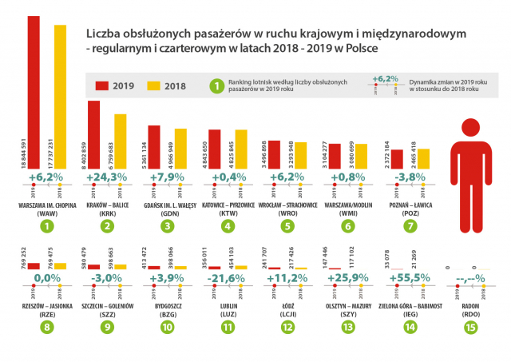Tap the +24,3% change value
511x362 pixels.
[x=107, y=177]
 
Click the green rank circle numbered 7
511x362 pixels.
[x=409, y=226]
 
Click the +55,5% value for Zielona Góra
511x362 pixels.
[x=409, y=277]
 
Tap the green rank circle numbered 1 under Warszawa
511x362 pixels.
[x=46, y=226]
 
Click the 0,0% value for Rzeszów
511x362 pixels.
[x=46, y=278]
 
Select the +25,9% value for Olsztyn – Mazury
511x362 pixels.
[x=348, y=277]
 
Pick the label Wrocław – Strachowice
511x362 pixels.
[x=287, y=205]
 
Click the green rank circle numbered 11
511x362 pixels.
[x=228, y=327]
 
